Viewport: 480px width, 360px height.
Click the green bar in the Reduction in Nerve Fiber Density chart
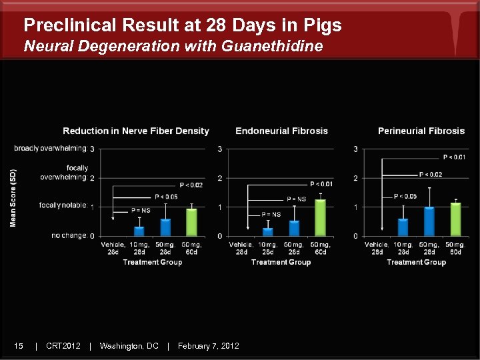(191, 222)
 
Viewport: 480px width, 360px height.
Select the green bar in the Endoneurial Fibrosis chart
(320, 218)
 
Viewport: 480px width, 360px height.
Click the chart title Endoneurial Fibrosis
(281, 131)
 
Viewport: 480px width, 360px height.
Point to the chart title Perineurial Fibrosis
(421, 131)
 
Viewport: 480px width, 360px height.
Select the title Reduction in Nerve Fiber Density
(136, 131)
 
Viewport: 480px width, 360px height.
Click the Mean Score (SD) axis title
(13, 197)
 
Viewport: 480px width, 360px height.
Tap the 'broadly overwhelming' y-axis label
(50, 148)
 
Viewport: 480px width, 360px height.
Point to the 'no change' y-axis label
(69, 236)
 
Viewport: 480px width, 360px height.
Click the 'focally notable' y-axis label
(63, 205)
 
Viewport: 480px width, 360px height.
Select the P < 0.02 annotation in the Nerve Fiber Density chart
(191, 185)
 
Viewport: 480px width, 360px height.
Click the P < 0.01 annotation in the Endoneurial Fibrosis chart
(321, 183)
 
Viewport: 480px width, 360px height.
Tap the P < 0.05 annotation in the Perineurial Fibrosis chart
(405, 196)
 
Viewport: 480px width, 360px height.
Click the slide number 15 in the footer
(19, 345)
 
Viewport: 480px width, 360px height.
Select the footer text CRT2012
(63, 345)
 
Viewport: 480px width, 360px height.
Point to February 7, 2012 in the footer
(209, 345)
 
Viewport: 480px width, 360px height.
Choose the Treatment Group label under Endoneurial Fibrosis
(281, 262)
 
